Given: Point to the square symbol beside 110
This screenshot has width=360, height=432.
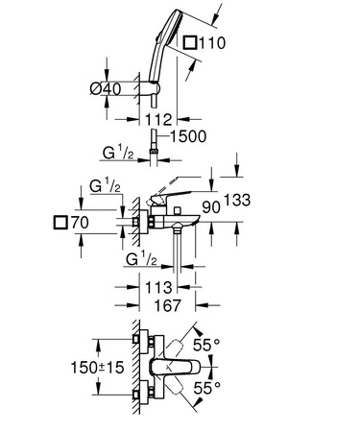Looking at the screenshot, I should (x=193, y=44).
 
